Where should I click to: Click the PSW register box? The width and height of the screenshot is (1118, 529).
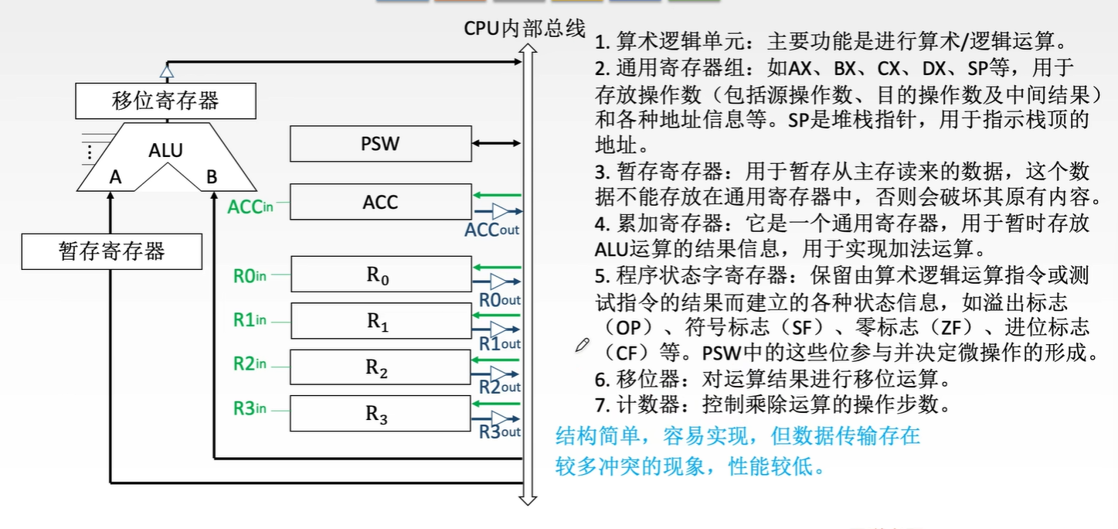(x=380, y=144)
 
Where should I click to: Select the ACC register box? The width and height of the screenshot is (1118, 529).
(x=380, y=202)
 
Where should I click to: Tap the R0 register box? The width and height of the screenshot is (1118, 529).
(x=380, y=275)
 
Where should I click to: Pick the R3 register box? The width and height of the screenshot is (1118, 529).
(x=380, y=414)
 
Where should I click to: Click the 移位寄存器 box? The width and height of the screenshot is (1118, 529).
(x=165, y=101)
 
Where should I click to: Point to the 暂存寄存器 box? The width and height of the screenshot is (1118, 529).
(x=112, y=251)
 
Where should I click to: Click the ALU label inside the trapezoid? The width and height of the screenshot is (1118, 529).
(x=165, y=150)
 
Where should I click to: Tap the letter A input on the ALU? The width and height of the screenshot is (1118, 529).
(x=115, y=178)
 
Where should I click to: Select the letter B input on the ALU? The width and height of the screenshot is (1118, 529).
(x=212, y=178)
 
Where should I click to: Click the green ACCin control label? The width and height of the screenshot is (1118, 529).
(x=250, y=206)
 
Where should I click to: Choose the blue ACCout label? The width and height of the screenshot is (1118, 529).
(x=492, y=230)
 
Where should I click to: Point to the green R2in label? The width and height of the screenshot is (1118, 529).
(x=250, y=363)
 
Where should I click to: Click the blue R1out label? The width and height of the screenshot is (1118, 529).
(x=500, y=343)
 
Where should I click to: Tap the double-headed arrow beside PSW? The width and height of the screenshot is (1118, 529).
(x=497, y=143)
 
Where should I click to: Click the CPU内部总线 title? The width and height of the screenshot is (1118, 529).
(x=525, y=28)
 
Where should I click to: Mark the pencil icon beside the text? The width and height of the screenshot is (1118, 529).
(x=583, y=346)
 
